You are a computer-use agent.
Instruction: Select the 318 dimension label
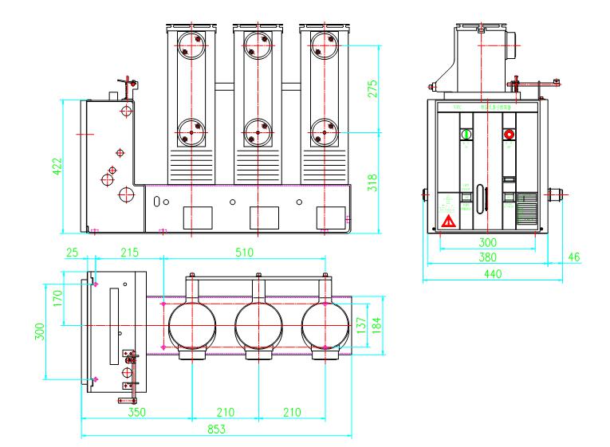pos(382,183)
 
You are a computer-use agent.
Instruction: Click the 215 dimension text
pos(129,253)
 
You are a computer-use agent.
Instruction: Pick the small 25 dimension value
pos(73,253)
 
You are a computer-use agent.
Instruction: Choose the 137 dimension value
pos(362,326)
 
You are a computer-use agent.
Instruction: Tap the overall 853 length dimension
pos(216,429)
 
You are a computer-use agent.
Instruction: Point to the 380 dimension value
pos(487,257)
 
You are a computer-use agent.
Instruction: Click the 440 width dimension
pos(487,275)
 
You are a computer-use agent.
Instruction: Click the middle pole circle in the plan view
pos(258,326)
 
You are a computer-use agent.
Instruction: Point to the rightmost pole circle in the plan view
pos(325,326)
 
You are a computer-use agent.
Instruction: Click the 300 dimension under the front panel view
pos(487,241)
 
